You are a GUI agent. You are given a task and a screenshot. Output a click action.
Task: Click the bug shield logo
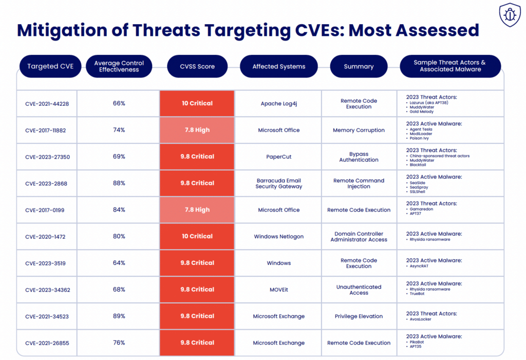510,16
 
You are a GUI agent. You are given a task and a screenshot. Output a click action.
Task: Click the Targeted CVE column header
50,66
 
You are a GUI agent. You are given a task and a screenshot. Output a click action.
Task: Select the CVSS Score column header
197,66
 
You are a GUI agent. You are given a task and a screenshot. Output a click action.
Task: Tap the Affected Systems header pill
278,66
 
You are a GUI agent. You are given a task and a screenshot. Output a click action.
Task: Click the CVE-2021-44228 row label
47,104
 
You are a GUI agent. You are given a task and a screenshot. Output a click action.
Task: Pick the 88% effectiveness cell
119,183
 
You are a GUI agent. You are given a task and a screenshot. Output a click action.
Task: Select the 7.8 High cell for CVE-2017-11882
197,130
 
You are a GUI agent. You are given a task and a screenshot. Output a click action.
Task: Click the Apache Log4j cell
278,104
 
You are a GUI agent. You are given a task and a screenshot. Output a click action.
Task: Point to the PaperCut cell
278,157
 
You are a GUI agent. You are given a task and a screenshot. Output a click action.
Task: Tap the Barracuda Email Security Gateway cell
278,183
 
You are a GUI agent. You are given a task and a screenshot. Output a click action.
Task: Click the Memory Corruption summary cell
359,130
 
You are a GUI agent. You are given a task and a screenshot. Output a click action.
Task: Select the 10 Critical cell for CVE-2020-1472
197,236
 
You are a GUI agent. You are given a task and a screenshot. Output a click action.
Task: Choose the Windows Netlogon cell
278,237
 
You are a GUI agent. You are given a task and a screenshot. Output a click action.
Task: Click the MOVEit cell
278,290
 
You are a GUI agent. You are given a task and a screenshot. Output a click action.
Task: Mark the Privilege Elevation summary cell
359,316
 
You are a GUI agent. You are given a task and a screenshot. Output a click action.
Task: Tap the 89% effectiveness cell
119,316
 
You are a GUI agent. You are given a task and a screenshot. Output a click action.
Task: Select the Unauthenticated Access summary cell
359,290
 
